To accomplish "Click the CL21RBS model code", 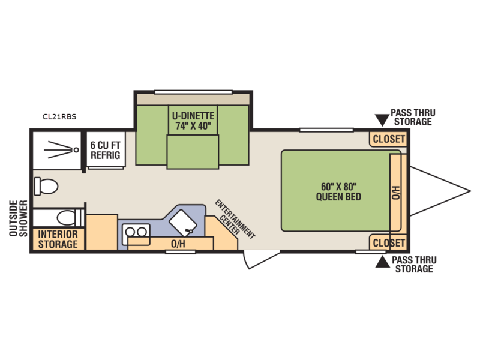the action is (59, 116).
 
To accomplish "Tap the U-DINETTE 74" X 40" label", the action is (193, 121).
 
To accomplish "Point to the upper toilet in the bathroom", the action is (46, 186).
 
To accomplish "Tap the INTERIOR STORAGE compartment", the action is (58, 239).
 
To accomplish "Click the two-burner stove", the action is (136, 234).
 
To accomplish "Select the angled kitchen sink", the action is (183, 223).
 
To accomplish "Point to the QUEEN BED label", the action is (338, 197).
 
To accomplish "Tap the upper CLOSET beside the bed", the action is (388, 139).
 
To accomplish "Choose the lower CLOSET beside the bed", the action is (388, 243).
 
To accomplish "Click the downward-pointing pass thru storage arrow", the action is (382, 119).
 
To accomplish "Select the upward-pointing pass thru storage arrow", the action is (382, 262).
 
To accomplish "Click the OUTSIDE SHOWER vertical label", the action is (19, 218).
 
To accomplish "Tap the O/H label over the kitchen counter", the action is (178, 244).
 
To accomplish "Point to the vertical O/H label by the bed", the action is (395, 192).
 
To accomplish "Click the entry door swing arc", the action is (245, 260).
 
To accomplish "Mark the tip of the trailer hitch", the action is (470, 191).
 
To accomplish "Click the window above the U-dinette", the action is (193, 92).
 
